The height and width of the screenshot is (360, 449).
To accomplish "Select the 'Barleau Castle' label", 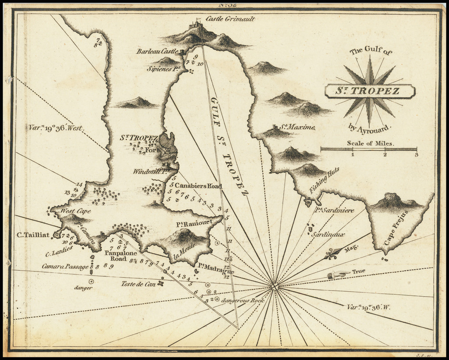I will coord(157,51).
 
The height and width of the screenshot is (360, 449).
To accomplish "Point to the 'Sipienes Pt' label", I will coord(164,69).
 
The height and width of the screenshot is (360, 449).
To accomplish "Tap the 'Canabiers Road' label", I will coord(199,186).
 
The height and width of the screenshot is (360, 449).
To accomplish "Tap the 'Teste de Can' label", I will coord(138,283).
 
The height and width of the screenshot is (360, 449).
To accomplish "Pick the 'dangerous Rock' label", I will coord(243,300).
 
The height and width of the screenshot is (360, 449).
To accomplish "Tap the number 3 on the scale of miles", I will coord(416,154).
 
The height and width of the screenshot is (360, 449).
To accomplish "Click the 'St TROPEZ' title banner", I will coord(370,91).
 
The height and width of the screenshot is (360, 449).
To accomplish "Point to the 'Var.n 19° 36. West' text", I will coord(56,128).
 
